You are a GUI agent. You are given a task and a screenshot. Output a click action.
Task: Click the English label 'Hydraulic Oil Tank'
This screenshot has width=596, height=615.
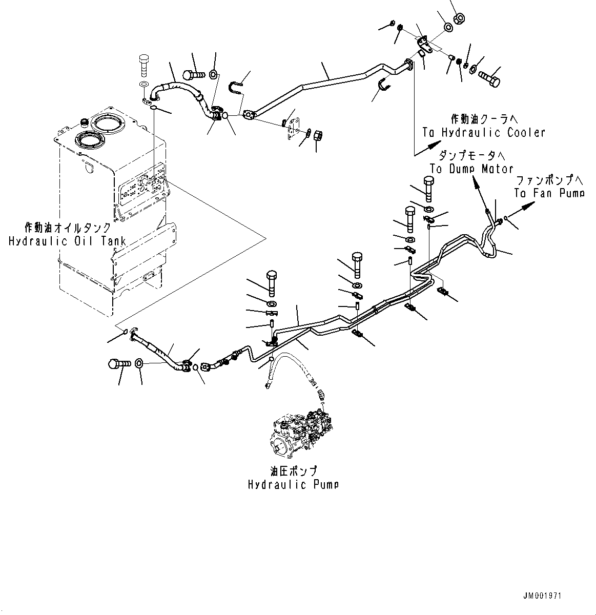(68, 241)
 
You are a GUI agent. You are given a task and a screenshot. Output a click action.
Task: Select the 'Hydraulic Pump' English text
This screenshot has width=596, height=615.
(293, 484)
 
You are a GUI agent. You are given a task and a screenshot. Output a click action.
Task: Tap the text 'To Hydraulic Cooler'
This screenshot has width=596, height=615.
(484, 133)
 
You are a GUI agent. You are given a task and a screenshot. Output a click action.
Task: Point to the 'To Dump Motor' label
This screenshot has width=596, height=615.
(471, 169)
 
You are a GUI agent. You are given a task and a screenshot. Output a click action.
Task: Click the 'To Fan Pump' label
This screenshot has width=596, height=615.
(549, 193)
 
